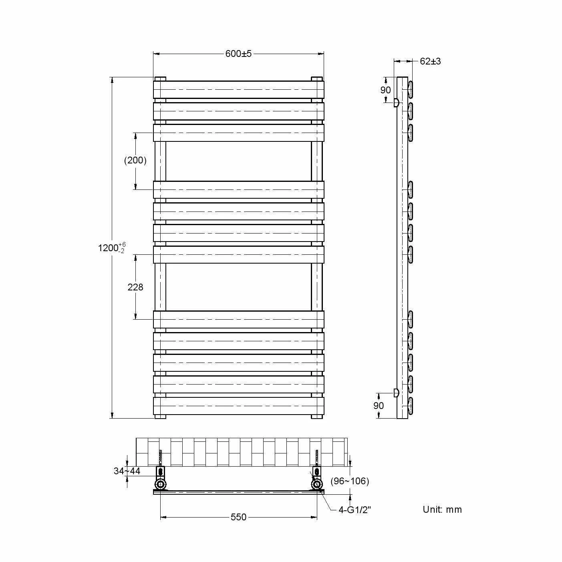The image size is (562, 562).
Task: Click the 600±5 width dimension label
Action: pyautogui.click(x=238, y=54)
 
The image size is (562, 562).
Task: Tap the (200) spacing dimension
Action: pyautogui.click(x=135, y=161)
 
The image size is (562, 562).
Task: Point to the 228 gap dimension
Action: pyautogui.click(x=135, y=287)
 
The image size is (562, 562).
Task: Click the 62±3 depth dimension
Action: pyautogui.click(x=430, y=61)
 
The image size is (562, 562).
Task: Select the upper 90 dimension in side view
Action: pyautogui.click(x=385, y=90)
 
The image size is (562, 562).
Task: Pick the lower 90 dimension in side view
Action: pyautogui.click(x=379, y=405)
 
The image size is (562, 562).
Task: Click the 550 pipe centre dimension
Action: pyautogui.click(x=238, y=517)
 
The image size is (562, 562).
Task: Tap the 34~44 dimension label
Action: pyautogui.click(x=127, y=471)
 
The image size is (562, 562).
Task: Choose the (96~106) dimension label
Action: pyautogui.click(x=350, y=481)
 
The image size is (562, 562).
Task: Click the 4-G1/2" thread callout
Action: pyautogui.click(x=355, y=510)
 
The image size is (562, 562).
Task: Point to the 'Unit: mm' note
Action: pyautogui.click(x=442, y=510)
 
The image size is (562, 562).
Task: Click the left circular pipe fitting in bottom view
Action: pyautogui.click(x=161, y=485)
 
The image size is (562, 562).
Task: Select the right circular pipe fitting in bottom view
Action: pyautogui.click(x=317, y=485)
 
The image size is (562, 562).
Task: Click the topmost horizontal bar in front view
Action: pyautogui.click(x=238, y=90)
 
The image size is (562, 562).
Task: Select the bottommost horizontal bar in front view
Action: pyautogui.click(x=238, y=405)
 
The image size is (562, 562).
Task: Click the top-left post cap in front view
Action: pyautogui.click(x=160, y=79)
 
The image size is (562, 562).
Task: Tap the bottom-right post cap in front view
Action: pyautogui.click(x=317, y=417)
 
